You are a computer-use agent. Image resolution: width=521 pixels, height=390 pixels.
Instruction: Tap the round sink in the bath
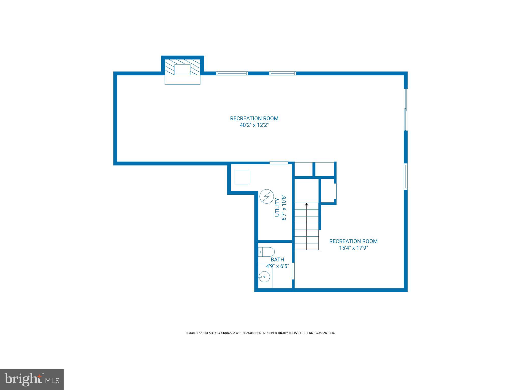264,277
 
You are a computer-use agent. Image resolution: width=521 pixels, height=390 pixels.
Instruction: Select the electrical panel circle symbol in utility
266,197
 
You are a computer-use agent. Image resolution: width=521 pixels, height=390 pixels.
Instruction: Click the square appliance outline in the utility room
242,177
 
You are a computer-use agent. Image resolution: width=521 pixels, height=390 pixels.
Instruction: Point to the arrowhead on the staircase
307,204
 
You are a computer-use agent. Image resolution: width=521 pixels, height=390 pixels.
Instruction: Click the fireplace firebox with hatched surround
182,69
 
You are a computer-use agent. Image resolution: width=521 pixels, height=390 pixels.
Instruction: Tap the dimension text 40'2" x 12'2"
254,125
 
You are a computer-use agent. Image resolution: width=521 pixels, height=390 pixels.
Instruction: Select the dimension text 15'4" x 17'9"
353,248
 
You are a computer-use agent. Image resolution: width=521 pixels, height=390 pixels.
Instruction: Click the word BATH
277,260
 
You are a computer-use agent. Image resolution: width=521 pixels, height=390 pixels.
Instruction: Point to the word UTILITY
277,207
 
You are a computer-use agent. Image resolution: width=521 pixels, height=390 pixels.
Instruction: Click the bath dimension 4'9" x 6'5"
277,266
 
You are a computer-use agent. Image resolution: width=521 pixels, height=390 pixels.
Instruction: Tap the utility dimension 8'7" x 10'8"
284,207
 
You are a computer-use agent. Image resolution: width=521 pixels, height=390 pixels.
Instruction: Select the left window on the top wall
232,73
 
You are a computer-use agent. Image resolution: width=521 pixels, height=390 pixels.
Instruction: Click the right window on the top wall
283,73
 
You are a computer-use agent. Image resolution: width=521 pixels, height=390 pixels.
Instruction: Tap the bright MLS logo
32,380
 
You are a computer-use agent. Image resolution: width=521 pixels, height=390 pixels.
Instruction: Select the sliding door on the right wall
406,109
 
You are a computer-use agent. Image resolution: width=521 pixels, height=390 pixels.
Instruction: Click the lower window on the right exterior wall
406,177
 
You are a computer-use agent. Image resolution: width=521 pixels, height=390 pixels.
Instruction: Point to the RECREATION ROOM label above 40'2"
254,118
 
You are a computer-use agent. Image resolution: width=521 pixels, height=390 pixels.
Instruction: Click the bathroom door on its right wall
293,271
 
